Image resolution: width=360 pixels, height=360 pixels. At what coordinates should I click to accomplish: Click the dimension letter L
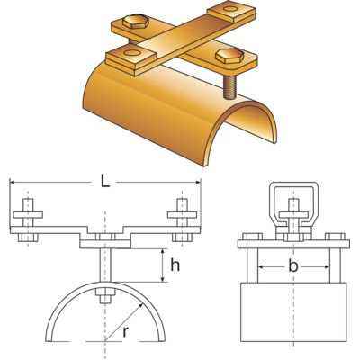tap(105, 183)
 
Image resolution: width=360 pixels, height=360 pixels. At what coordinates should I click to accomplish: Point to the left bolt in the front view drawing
tap(29, 220)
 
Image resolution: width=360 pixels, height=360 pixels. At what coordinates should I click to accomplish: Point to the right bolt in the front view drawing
tap(182, 220)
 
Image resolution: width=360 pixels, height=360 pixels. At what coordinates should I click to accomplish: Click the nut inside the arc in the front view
tap(105, 299)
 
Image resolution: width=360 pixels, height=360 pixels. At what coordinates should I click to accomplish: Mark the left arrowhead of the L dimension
tap(13, 183)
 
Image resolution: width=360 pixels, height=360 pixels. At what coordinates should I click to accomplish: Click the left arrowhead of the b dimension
tap(260, 266)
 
